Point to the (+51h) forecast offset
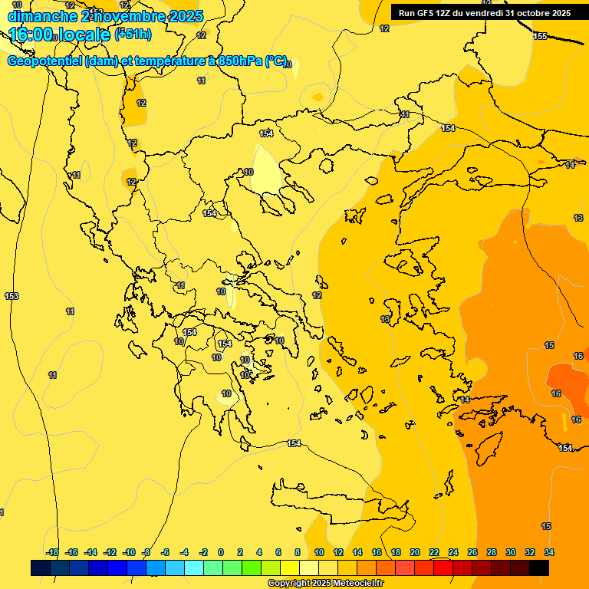[x=133, y=35]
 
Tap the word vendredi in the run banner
[x=483, y=13]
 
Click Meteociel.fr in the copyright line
[x=357, y=584]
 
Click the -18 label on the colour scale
[x=52, y=552]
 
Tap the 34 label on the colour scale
[x=549, y=552]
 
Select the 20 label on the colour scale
[x=415, y=552]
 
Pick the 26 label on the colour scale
[x=472, y=552]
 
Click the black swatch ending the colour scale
[x=538, y=568]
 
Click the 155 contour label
[x=540, y=37]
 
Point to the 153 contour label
[x=12, y=296]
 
